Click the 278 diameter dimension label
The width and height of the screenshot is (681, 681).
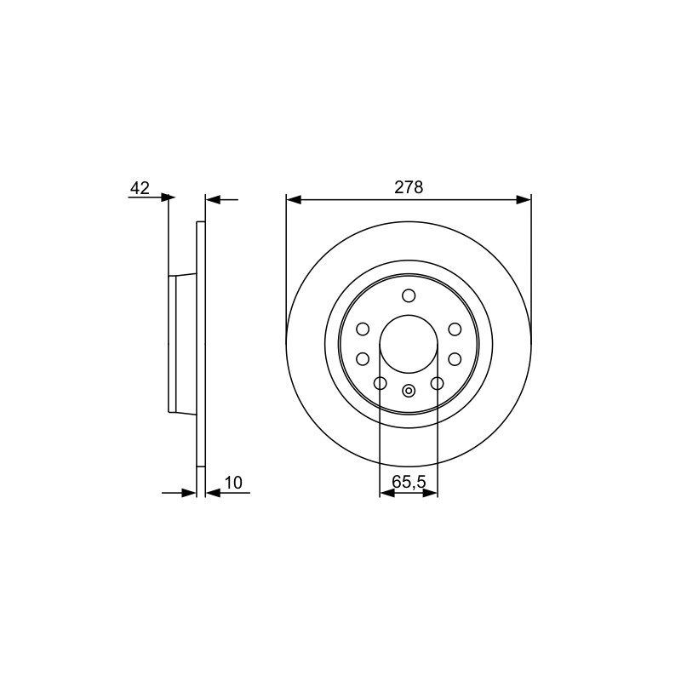click(x=409, y=187)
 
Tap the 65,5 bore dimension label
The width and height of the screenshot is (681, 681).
click(x=409, y=482)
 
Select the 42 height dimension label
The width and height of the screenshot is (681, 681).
click(x=140, y=188)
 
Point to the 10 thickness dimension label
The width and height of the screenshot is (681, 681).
click(x=233, y=483)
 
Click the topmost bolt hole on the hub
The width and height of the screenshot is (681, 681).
click(x=409, y=295)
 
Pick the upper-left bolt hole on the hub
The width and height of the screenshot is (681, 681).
click(x=363, y=329)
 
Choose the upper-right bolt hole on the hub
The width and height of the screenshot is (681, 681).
click(x=455, y=329)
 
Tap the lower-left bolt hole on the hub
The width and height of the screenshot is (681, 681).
click(x=363, y=359)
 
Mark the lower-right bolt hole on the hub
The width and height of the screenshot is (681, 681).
click(x=455, y=359)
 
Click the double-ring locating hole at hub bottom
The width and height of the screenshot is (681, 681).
click(x=409, y=391)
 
